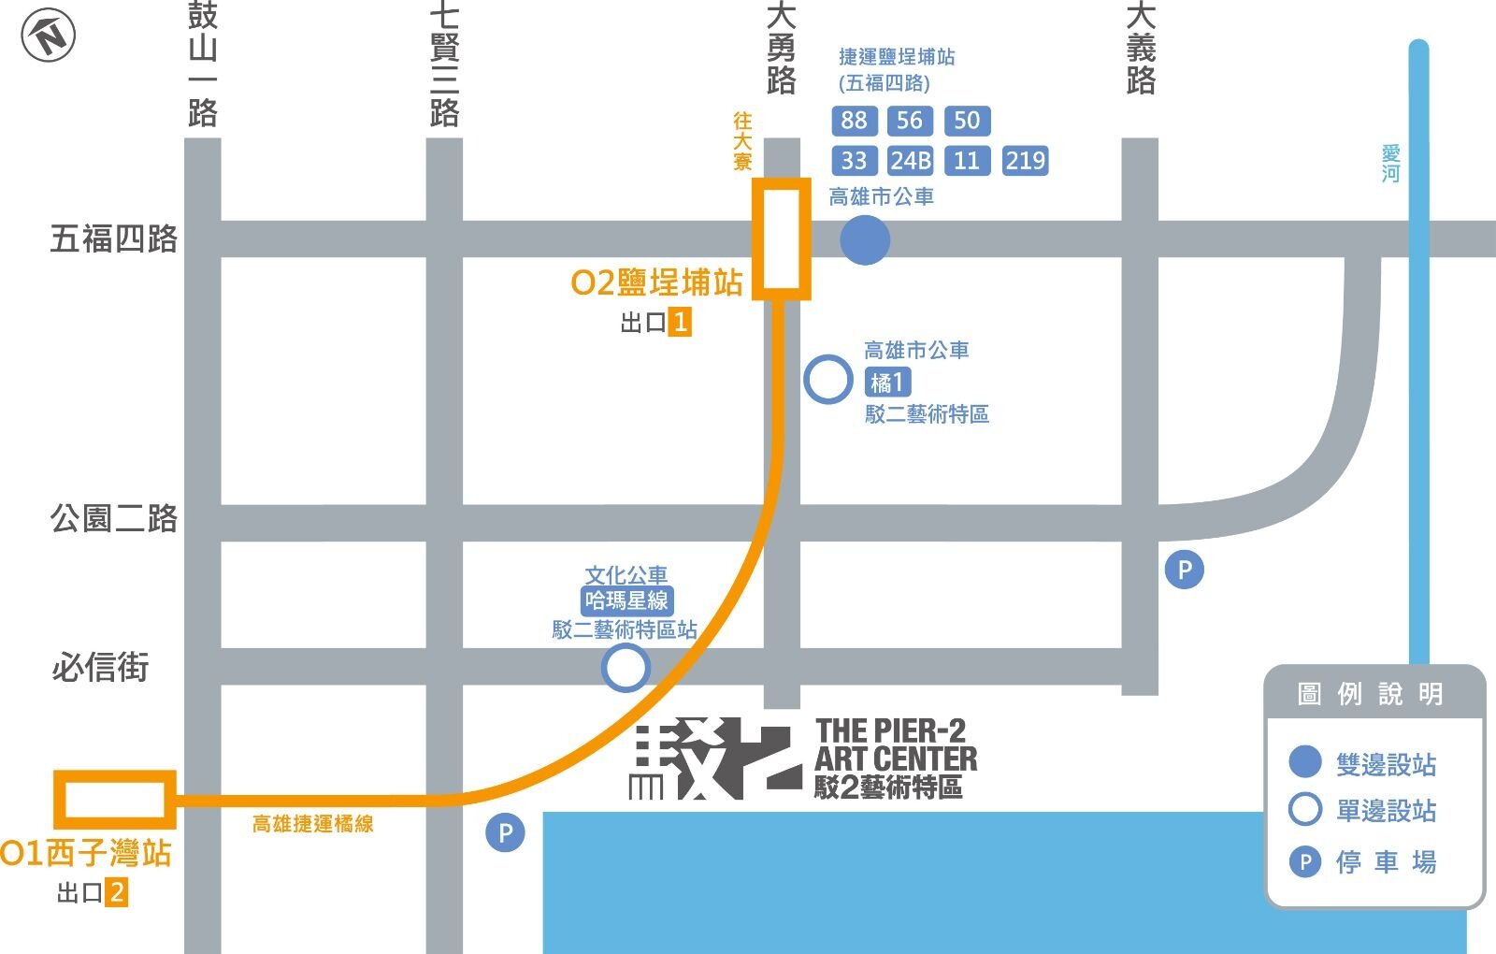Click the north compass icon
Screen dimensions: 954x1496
49,37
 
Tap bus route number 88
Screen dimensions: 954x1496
854,121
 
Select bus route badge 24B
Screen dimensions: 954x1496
910,161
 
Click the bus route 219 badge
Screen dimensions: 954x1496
1025,161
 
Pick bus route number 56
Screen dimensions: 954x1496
909,121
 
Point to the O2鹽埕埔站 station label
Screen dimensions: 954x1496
656,282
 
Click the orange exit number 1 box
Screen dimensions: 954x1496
680,323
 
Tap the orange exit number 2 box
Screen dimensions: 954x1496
116,892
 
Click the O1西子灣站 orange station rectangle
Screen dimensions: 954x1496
115,800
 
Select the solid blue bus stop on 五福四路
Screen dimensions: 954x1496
865,239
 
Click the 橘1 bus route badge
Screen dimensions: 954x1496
886,382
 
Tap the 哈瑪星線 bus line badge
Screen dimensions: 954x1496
626,600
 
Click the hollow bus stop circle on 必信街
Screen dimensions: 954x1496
626,668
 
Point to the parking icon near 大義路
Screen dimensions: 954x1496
1185,570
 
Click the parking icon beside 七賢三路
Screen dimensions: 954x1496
505,832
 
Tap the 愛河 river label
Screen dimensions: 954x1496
1390,164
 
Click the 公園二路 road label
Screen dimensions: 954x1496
114,518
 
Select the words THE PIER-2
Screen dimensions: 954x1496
890,730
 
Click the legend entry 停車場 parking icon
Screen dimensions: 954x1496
1304,861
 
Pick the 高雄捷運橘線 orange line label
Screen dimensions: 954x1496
313,824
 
